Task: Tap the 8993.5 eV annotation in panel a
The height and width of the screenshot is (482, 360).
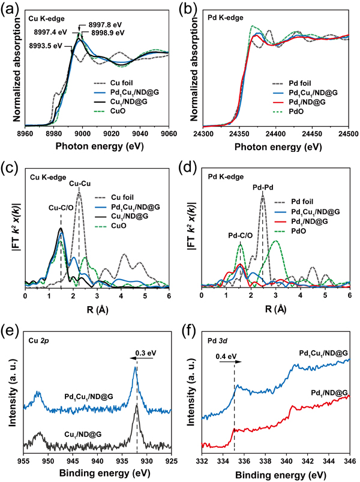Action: tap(46, 45)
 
